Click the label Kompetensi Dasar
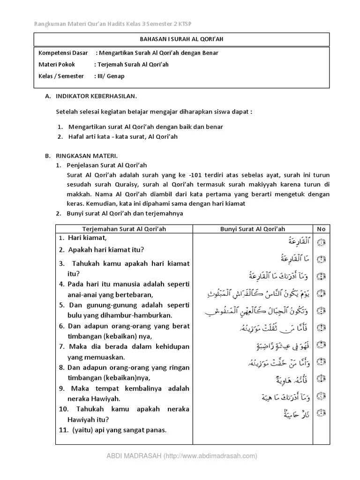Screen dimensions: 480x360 (63, 53)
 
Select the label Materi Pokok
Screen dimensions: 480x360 (57, 65)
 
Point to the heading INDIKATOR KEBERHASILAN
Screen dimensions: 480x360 (96, 96)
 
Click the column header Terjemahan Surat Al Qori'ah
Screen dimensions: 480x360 (124, 229)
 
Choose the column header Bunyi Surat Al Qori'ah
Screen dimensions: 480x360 (253, 229)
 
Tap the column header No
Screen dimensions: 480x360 (321, 229)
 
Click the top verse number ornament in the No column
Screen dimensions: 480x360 (321, 242)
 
